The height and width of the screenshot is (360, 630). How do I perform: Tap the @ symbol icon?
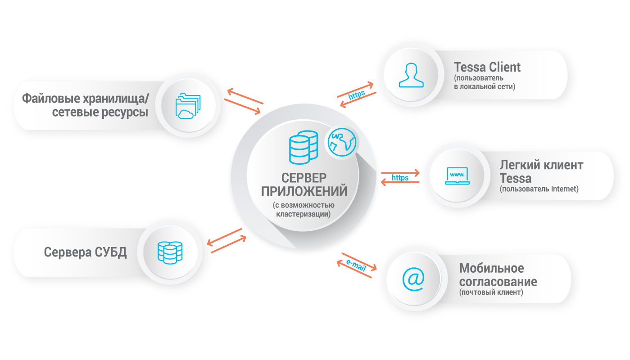[x=413, y=279]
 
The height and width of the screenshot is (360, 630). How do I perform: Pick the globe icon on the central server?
[x=341, y=143]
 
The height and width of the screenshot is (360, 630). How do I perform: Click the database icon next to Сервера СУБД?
[x=170, y=252]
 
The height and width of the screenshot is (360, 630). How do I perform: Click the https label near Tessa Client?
[x=356, y=95]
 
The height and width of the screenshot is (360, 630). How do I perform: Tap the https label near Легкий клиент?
[x=400, y=178]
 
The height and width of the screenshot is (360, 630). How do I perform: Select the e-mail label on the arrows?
[x=356, y=265]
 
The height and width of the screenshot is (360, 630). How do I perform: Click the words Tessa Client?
[x=487, y=67]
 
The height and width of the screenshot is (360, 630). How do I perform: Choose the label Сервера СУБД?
[x=85, y=252]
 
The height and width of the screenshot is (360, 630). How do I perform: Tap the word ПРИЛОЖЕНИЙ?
[x=304, y=191]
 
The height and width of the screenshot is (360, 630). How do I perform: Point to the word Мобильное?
[x=491, y=268]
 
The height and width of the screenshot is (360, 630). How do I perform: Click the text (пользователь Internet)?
[x=539, y=189]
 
